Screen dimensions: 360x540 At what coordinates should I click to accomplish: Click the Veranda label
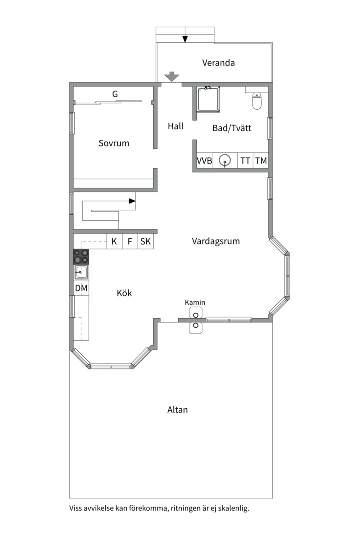point(219,63)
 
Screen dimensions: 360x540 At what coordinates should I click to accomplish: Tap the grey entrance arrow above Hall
point(171,77)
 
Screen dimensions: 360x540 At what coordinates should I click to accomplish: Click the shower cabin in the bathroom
point(209,99)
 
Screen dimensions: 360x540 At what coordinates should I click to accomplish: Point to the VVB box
point(204,161)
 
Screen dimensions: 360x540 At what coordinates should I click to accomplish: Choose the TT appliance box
point(245,161)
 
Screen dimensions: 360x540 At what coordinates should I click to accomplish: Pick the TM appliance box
point(261,161)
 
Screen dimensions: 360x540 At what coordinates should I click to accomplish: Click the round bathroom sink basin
point(225,160)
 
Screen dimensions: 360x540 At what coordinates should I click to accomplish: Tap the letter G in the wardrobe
point(115,94)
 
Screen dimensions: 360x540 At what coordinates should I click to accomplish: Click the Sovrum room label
point(114,143)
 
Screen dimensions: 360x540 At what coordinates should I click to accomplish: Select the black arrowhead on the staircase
point(132,201)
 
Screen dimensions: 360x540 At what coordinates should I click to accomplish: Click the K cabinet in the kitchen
point(114,241)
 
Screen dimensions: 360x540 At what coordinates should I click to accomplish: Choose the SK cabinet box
point(145,241)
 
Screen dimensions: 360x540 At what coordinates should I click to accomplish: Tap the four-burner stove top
point(81,257)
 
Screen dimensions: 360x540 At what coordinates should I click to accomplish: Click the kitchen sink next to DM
point(81,273)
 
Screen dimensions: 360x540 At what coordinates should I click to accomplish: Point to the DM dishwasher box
point(81,288)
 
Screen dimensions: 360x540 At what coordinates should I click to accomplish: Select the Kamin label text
point(195,302)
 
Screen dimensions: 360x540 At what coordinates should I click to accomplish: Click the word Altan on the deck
point(178,410)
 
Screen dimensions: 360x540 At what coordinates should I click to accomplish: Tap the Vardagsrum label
point(216,242)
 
